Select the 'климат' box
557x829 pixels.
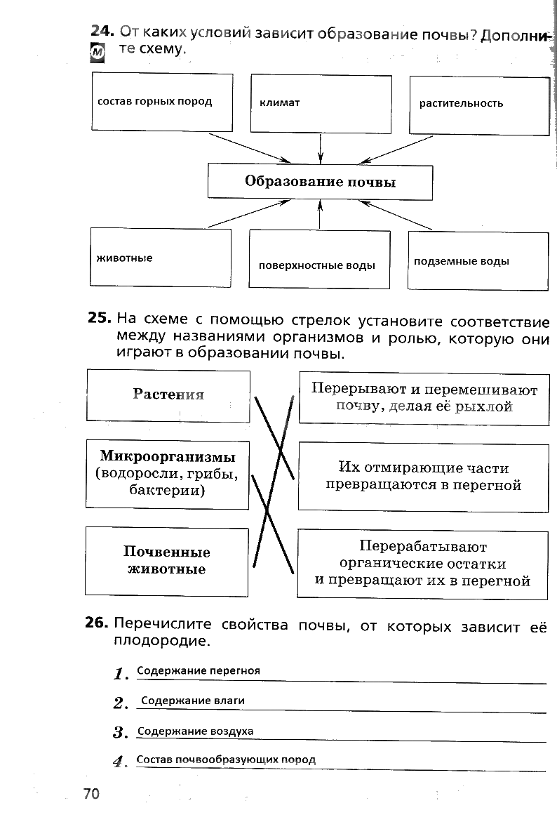[x=321, y=103]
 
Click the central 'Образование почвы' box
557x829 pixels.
[x=320, y=182]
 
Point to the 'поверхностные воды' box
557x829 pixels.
[x=319, y=259]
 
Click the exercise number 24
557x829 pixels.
[x=102, y=32]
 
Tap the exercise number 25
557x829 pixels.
[x=99, y=317]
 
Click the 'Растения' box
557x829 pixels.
[x=168, y=395]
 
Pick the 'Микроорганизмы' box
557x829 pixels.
[x=168, y=473]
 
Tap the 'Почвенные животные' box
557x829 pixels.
[x=167, y=561]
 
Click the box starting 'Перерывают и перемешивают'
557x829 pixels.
[x=424, y=397]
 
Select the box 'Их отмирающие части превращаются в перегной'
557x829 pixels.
[x=423, y=476]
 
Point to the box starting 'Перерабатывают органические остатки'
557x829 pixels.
[x=422, y=564]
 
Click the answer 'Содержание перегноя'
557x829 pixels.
[x=199, y=670]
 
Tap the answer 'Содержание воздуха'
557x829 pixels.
[x=196, y=731]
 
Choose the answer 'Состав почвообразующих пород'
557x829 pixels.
[x=227, y=760]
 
